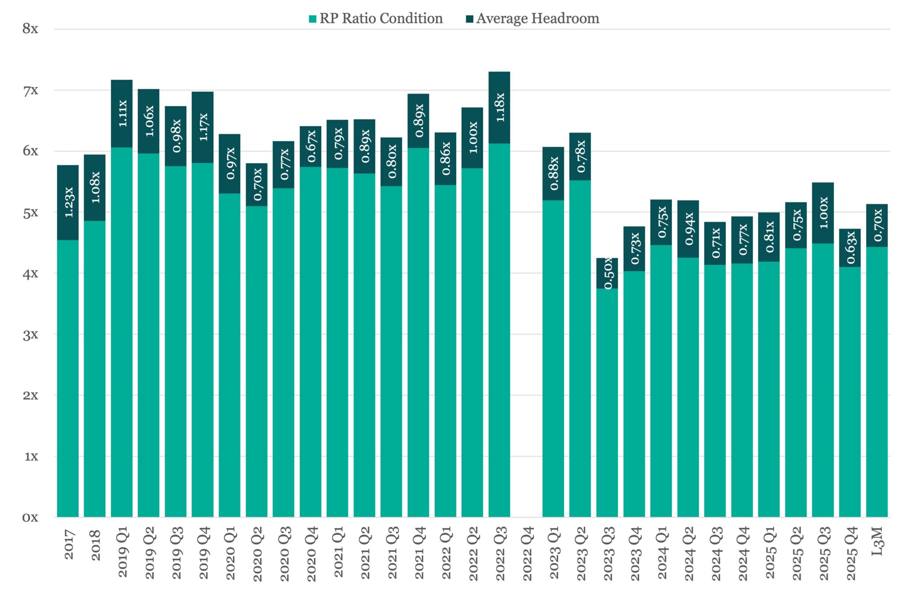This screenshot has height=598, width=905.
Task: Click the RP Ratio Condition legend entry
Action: coord(375,18)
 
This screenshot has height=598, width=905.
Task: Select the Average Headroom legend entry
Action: coord(532,18)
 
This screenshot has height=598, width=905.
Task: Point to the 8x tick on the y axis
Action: coord(30,29)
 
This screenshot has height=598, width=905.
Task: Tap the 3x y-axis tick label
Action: coord(30,335)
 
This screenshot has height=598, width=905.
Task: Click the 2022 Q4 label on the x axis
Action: coord(527,554)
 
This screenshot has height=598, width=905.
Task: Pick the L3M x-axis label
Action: coord(877,541)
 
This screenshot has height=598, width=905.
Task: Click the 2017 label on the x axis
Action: coord(68,545)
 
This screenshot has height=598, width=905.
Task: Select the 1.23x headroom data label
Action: coord(68,203)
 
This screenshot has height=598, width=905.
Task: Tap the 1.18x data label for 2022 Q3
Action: coord(500,108)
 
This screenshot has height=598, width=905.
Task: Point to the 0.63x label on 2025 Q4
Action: coord(850,248)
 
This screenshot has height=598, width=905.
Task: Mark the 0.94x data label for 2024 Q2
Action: coord(688,229)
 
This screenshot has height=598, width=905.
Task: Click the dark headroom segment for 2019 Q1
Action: coord(122,114)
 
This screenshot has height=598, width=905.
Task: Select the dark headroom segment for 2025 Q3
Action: coord(823,213)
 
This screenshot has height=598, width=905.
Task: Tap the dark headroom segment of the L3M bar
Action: coord(877,226)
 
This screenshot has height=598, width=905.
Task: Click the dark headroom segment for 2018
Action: coord(94,188)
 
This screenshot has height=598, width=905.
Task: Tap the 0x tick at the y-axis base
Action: coord(30,517)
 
